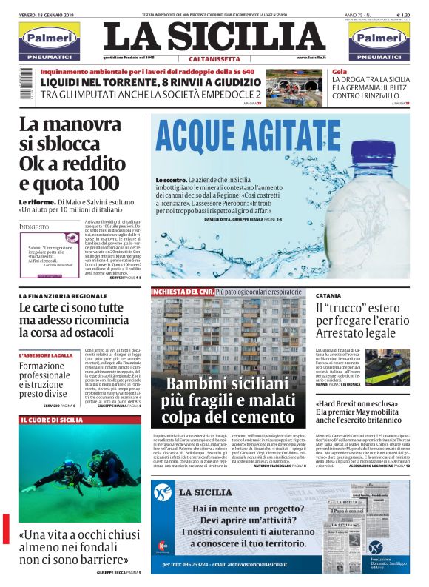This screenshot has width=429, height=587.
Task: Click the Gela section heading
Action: (x=340, y=72)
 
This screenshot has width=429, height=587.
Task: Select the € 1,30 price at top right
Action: (x=403, y=14)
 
